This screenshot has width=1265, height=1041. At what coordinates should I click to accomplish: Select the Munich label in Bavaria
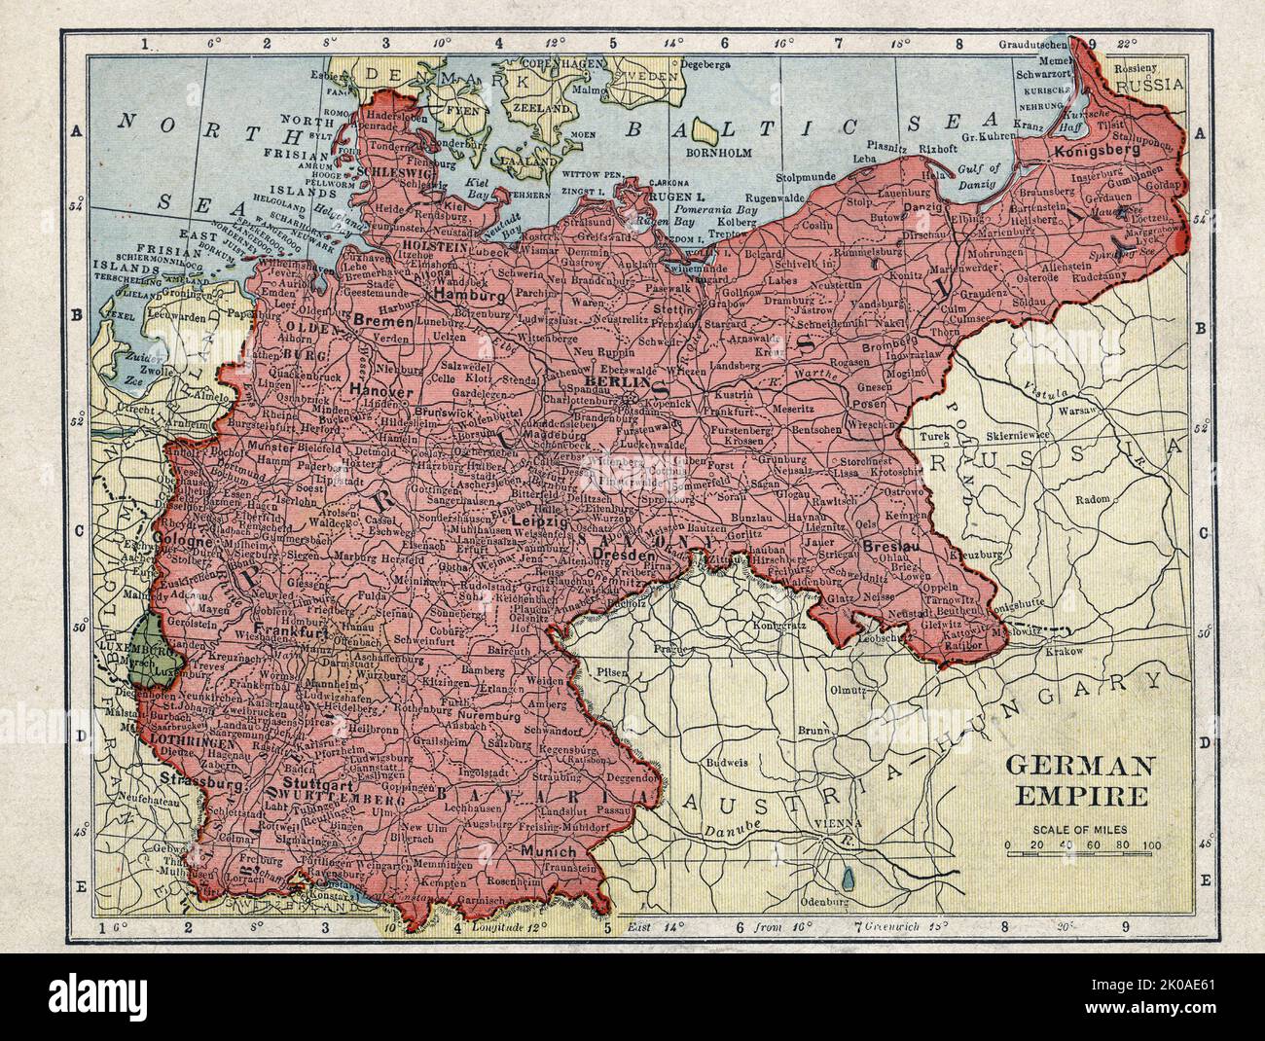pyautogui.click(x=548, y=850)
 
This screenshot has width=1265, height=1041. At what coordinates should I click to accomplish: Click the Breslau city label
pyautogui.click(x=885, y=547)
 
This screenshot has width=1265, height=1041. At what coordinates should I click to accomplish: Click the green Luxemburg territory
pyautogui.click(x=146, y=661)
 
